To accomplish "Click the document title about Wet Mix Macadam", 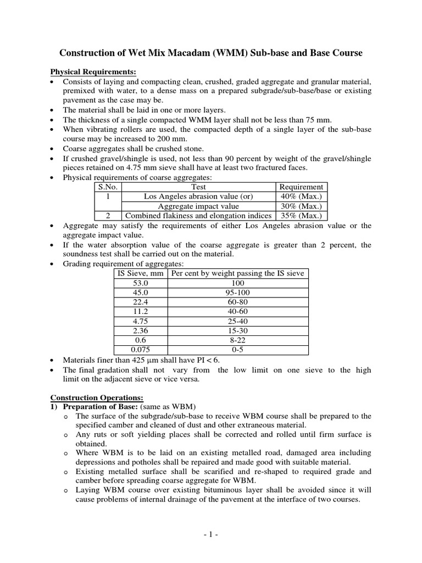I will (x=211, y=53).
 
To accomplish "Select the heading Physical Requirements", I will (x=93, y=72).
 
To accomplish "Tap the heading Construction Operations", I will (x=97, y=398).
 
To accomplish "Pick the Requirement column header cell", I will (x=301, y=187).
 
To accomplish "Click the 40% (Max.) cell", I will (x=301, y=196).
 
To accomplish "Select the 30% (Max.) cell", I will (x=301, y=206).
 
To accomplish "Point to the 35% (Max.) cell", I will (x=301, y=216).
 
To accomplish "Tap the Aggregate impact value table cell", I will (x=198, y=206).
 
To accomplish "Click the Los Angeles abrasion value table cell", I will (x=198, y=196).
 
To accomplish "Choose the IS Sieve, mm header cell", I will (x=141, y=273).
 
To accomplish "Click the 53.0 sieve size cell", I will (x=141, y=283).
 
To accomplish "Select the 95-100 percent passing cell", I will (x=238, y=292).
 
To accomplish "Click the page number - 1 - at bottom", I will (x=211, y=533).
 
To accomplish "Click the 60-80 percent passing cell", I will (x=238, y=302).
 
